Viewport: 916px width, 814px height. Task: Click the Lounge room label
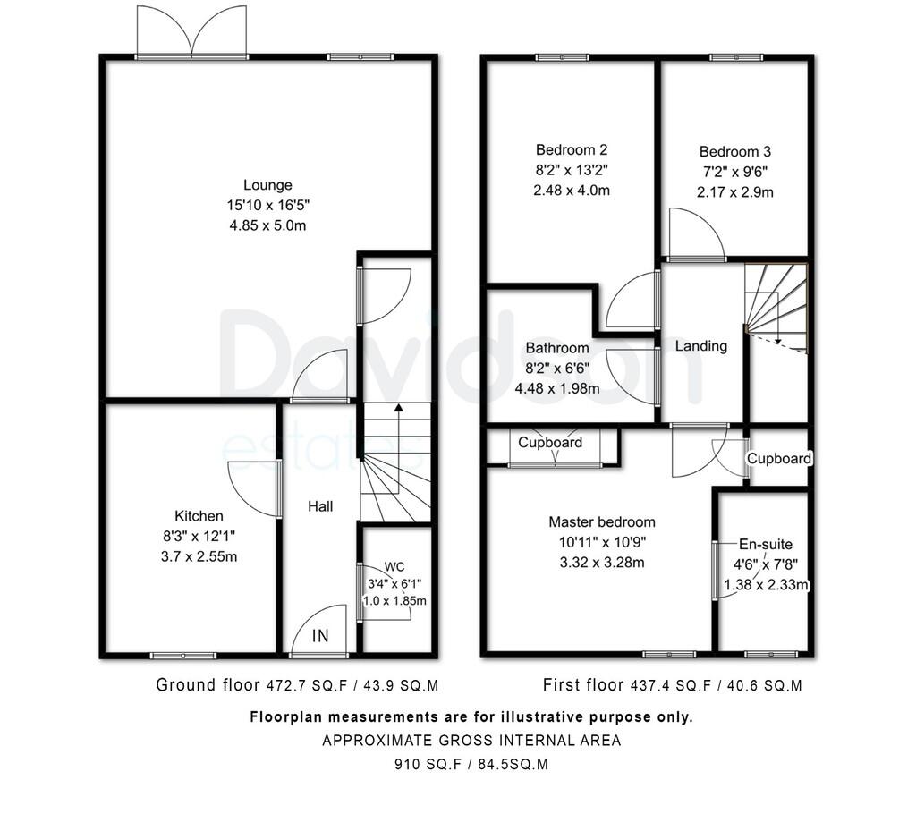pyautogui.click(x=267, y=185)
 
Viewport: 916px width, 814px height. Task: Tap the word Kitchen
pyautogui.click(x=199, y=516)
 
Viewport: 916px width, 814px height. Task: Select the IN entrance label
pyautogui.click(x=320, y=636)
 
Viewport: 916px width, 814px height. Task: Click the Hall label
pyautogui.click(x=320, y=506)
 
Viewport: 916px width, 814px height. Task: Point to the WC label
pyautogui.click(x=394, y=567)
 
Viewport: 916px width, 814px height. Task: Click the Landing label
pyautogui.click(x=701, y=346)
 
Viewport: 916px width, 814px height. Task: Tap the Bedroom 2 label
pyautogui.click(x=572, y=149)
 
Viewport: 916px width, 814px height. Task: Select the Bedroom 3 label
pyautogui.click(x=735, y=151)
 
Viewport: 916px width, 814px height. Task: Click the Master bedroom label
pyautogui.click(x=602, y=521)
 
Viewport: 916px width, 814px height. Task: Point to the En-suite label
pyautogui.click(x=766, y=544)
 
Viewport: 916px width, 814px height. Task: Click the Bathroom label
pyautogui.click(x=557, y=348)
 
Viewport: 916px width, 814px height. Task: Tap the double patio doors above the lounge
pyautogui.click(x=191, y=32)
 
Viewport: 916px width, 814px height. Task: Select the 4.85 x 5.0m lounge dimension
pyautogui.click(x=267, y=225)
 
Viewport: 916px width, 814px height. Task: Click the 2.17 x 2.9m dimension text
pyautogui.click(x=735, y=192)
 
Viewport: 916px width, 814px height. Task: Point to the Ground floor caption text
pyautogui.click(x=208, y=684)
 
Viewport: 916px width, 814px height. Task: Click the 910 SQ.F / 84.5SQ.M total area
pyautogui.click(x=471, y=764)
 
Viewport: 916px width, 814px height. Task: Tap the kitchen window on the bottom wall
pyautogui.click(x=183, y=656)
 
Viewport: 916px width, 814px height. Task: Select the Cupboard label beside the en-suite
pyautogui.click(x=779, y=458)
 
